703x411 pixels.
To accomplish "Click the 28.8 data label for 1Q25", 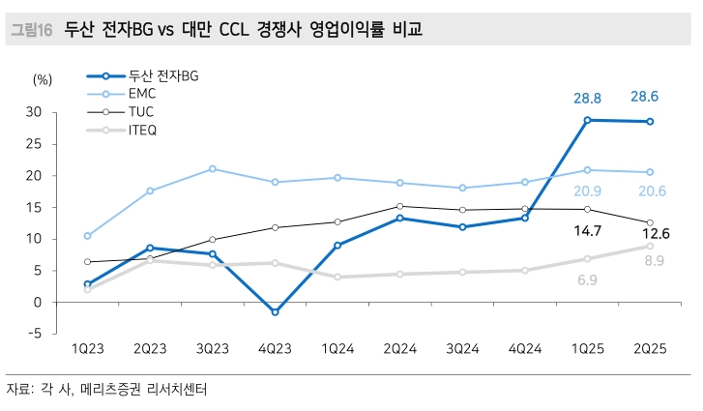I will [x=587, y=98].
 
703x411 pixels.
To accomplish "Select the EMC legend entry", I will [x=141, y=93].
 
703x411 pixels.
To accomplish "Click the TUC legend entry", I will [x=141, y=111].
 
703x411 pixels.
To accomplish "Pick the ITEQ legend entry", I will [x=142, y=130].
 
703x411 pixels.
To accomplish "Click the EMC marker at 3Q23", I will [x=212, y=169].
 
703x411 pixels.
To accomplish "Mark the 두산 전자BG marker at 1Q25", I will [x=587, y=120].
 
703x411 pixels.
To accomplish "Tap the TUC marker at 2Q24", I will [x=399, y=206].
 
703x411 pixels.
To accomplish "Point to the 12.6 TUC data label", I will [x=650, y=234].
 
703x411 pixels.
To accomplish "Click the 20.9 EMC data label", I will [x=587, y=191].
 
